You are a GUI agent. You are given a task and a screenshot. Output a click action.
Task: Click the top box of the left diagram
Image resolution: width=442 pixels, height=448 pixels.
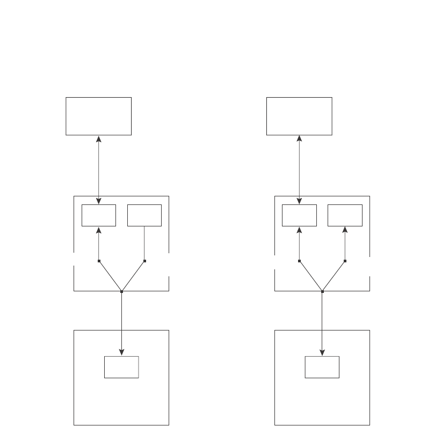(98, 116)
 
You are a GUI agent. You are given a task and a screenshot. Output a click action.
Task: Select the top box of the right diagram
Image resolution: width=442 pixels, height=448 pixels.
(299, 116)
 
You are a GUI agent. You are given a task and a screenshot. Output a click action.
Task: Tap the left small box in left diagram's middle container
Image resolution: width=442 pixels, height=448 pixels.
(99, 215)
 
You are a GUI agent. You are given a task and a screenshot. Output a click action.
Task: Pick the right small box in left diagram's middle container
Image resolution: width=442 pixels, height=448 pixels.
(144, 215)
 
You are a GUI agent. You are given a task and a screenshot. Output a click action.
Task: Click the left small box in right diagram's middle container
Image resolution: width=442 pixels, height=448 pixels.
(299, 215)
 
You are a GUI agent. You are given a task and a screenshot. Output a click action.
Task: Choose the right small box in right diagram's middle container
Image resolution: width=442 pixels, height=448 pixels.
(345, 215)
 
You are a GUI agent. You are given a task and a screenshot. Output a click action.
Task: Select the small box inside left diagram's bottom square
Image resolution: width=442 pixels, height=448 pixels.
(121, 367)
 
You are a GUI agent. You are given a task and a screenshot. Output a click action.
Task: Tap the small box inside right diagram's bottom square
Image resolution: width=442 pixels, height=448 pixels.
(322, 367)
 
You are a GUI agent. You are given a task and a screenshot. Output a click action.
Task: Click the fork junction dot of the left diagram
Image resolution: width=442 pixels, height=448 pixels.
(121, 291)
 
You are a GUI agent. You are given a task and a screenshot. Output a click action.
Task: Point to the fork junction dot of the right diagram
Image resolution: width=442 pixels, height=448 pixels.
(322, 291)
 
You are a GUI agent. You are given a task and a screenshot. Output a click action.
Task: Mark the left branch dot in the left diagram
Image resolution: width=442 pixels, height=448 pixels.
(99, 261)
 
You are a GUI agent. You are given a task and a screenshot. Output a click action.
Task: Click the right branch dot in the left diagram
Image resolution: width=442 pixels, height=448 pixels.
(144, 261)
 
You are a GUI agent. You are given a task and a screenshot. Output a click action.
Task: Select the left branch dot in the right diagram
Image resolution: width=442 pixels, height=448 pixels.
(299, 261)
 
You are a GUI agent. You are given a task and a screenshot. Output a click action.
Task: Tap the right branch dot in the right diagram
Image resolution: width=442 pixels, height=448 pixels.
(345, 261)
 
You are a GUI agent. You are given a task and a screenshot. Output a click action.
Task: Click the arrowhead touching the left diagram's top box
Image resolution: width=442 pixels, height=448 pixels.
(99, 139)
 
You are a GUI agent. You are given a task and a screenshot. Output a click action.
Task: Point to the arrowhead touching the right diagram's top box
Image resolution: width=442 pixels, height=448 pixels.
(299, 139)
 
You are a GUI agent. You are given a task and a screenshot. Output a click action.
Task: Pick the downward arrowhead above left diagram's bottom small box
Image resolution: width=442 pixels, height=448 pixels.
(121, 352)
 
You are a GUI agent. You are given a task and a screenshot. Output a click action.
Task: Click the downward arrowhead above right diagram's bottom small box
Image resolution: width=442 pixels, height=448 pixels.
(322, 352)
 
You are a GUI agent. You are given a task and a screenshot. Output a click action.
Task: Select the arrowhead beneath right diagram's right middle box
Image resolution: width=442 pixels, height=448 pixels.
(345, 230)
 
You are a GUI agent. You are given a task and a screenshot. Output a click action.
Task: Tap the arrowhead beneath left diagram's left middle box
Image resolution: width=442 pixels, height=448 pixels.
(99, 230)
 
